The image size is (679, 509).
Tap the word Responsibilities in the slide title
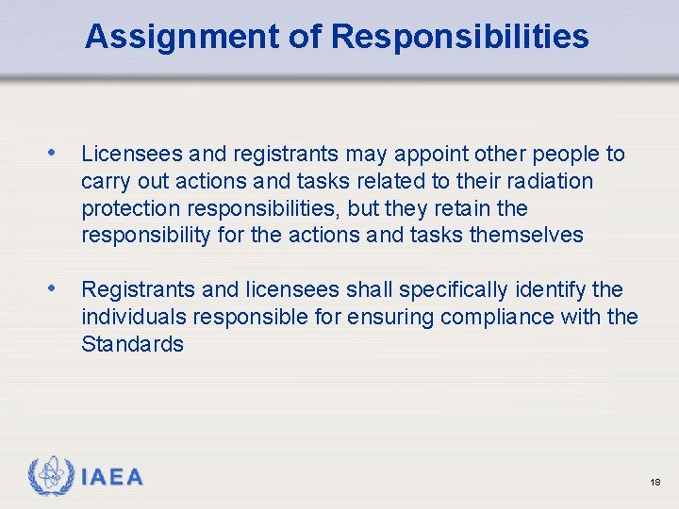click(x=460, y=37)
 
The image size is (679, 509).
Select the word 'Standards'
click(x=132, y=344)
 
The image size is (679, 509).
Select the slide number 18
click(x=655, y=483)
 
